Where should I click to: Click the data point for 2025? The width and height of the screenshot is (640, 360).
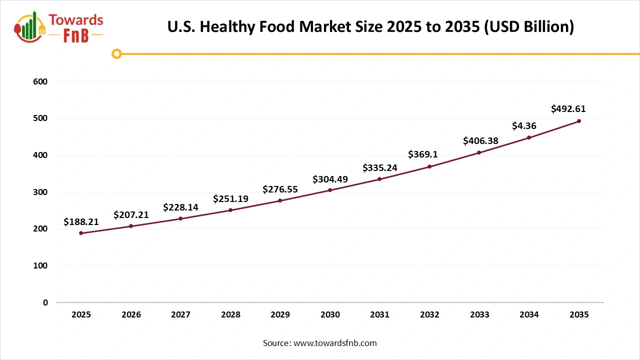[x=81, y=233]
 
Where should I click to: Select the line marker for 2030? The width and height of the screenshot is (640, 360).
[x=330, y=190]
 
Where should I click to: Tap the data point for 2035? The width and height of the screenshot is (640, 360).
[x=579, y=121]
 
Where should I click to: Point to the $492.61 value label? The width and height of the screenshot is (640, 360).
[x=568, y=108]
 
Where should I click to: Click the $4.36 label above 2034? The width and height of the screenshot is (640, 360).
[x=524, y=126]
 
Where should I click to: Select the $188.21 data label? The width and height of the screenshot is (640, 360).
[x=81, y=221]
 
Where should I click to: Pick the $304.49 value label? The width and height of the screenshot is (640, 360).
[x=330, y=179]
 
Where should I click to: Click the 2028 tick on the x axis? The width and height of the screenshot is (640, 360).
[x=230, y=314]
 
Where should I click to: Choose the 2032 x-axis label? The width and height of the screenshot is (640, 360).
[x=429, y=314]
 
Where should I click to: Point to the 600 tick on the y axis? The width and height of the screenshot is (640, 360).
[x=41, y=81]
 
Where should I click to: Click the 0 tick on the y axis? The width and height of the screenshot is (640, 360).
[x=45, y=302]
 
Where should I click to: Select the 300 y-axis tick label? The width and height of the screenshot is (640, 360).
[x=41, y=192]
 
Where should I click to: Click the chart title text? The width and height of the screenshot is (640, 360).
[x=370, y=27]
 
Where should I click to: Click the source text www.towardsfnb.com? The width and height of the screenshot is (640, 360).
[x=320, y=343]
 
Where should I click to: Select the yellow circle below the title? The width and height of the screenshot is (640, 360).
[x=116, y=53]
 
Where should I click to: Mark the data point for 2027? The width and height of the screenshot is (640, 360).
[x=180, y=218]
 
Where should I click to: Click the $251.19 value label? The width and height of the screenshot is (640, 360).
[x=230, y=198]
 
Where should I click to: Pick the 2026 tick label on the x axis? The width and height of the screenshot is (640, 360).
[x=131, y=314]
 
